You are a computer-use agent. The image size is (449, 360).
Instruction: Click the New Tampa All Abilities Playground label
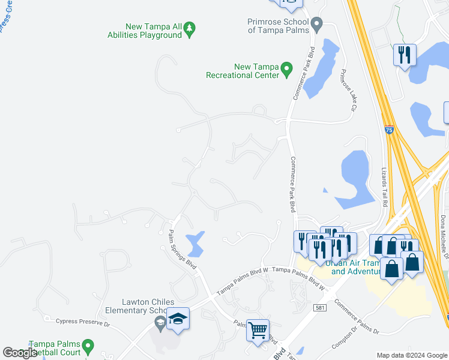click(153, 31)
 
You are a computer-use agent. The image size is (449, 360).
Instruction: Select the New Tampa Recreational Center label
click(243, 71)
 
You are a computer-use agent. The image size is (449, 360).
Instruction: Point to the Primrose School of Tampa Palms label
click(279, 26)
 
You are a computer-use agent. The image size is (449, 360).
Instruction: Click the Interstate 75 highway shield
click(390, 130)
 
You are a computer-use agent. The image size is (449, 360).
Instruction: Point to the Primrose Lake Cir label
click(348, 90)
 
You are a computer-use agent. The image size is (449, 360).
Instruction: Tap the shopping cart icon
click(258, 329)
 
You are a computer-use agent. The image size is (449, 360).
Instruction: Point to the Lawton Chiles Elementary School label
click(134, 306)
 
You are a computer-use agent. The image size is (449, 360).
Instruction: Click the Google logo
click(20, 353)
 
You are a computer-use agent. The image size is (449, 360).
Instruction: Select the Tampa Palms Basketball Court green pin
click(88, 346)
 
